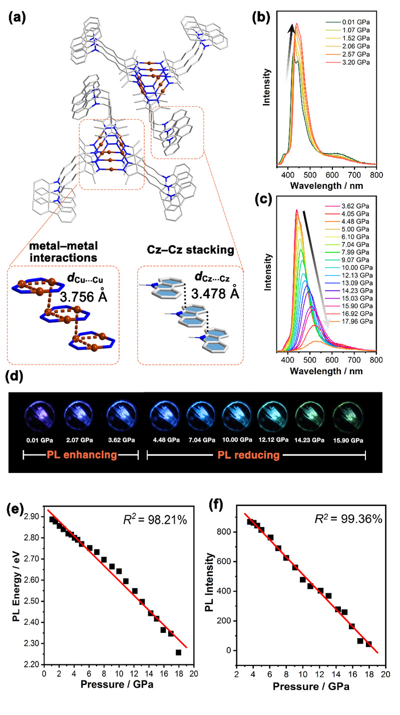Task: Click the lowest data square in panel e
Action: point(178,652)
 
